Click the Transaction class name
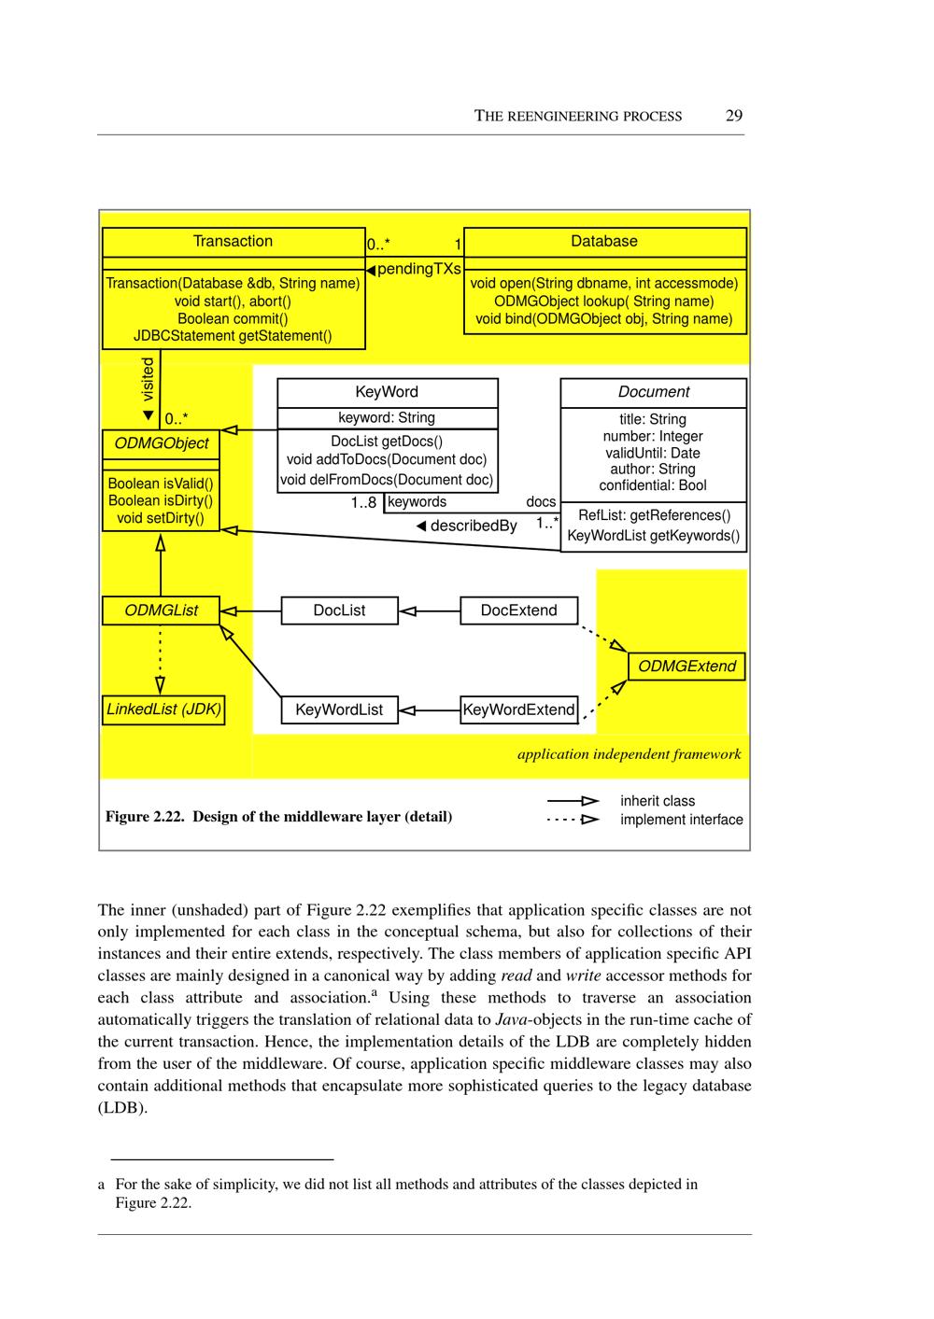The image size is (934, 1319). (233, 241)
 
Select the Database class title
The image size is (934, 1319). (604, 241)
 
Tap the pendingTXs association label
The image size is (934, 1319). (417, 269)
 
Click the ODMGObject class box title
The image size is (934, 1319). (162, 443)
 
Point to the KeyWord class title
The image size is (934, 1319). (387, 392)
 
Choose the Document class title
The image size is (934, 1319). (654, 392)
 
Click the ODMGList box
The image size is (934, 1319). (162, 610)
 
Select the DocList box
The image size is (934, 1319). (339, 610)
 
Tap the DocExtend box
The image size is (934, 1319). (518, 610)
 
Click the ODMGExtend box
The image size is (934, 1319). (686, 667)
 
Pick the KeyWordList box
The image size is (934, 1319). (339, 709)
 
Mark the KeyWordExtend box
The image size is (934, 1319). (518, 709)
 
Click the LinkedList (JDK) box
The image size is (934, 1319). (163, 709)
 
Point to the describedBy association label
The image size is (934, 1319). (473, 526)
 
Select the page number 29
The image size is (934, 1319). (734, 116)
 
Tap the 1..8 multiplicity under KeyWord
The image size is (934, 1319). (363, 502)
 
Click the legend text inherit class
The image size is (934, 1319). (658, 801)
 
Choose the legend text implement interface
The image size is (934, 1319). (682, 820)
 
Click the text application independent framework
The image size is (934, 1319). (630, 754)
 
